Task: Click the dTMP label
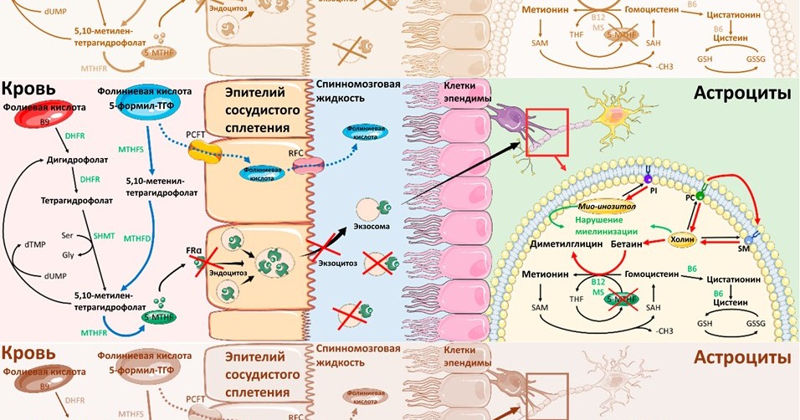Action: (35, 244)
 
